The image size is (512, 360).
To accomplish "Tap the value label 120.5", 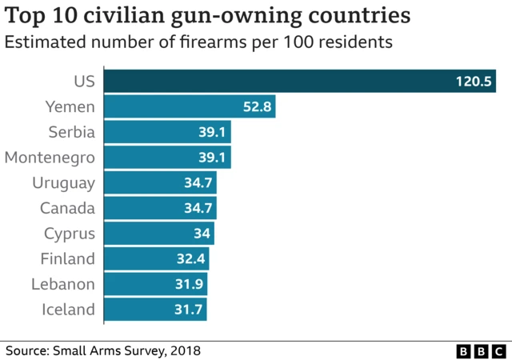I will [x=474, y=82].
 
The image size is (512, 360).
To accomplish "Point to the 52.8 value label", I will [x=258, y=106].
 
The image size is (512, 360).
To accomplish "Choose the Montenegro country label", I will [x=50, y=158].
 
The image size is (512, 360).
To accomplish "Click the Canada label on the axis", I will [x=67, y=208].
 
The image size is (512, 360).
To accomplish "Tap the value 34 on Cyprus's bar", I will [x=202, y=234].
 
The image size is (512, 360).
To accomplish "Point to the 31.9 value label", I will [x=191, y=285].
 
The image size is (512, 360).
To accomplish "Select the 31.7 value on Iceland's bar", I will [x=190, y=310].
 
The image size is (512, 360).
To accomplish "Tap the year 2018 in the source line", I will [x=184, y=350].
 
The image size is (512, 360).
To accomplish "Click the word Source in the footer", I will [x=27, y=350].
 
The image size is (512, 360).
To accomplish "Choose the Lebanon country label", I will [x=63, y=285].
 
